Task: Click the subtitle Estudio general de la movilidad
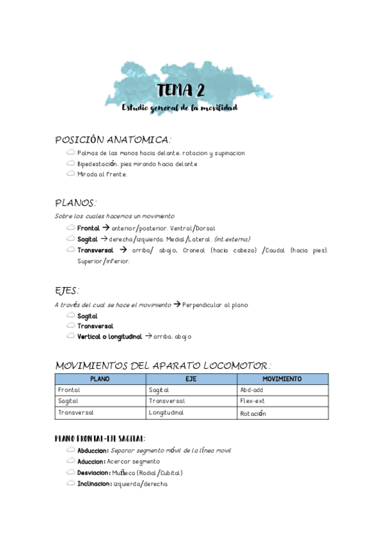pyautogui.click(x=180, y=108)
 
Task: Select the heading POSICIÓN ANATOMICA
pyautogui.click(x=113, y=139)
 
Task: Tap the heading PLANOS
pyautogui.click(x=75, y=203)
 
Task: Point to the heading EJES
pyautogui.click(x=66, y=291)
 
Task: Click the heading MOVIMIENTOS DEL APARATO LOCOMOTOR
pyautogui.click(x=163, y=366)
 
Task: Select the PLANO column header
pyautogui.click(x=100, y=379)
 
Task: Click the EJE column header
pyautogui.click(x=191, y=379)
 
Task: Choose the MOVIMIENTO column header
pyautogui.click(x=282, y=379)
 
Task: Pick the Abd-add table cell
pyautogui.click(x=252, y=390)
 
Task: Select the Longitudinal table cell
pyautogui.click(x=166, y=413)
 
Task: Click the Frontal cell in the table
pyautogui.click(x=68, y=390)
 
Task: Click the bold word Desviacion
pyautogui.click(x=93, y=473)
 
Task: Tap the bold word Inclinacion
pyautogui.click(x=94, y=484)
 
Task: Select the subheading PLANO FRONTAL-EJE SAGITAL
pyautogui.click(x=100, y=438)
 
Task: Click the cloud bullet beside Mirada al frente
pyautogui.click(x=70, y=174)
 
